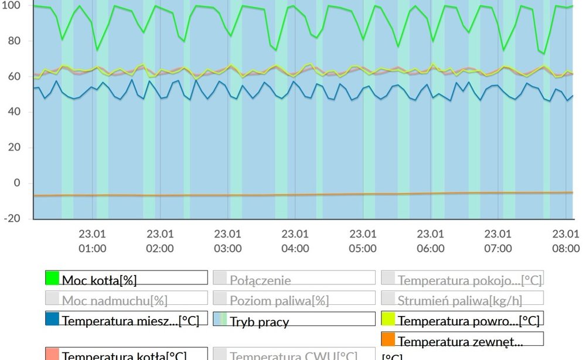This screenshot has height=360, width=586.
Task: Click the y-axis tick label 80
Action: [13, 41]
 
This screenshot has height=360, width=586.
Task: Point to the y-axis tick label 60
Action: [13, 77]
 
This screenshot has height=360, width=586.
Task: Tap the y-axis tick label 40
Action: [13, 112]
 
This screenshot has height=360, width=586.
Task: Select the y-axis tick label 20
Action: [13, 148]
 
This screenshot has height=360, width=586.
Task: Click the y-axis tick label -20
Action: [11, 219]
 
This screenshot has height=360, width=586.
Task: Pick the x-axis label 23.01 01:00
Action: [93, 241]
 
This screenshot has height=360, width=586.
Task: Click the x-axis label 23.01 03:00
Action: [227, 241]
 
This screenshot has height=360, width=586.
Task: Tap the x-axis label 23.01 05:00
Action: [363, 241]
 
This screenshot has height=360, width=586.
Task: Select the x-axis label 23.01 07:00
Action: [498, 241]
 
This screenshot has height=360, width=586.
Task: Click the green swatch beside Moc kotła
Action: [53, 278]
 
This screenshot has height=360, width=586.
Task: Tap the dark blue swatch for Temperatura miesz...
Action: [53, 319]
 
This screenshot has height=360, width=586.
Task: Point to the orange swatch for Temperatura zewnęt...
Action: [389, 339]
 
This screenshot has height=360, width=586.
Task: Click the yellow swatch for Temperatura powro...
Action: [389, 319]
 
